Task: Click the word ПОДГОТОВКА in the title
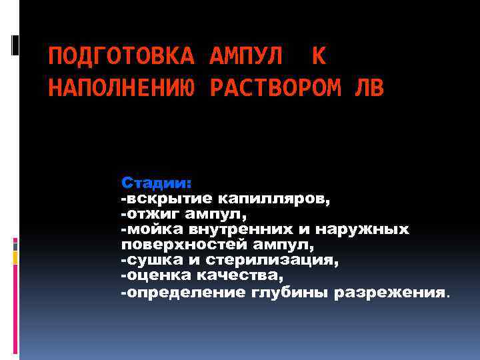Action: coord(121,58)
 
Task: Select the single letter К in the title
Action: coord(319,58)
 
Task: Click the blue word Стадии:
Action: coord(156,183)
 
